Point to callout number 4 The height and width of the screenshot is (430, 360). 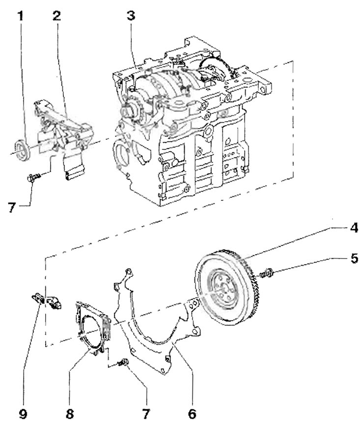(x=354, y=228)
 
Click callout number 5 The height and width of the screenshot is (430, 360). (x=354, y=258)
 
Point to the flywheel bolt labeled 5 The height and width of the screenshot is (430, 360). (x=266, y=273)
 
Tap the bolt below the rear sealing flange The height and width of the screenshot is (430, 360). (x=123, y=363)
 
